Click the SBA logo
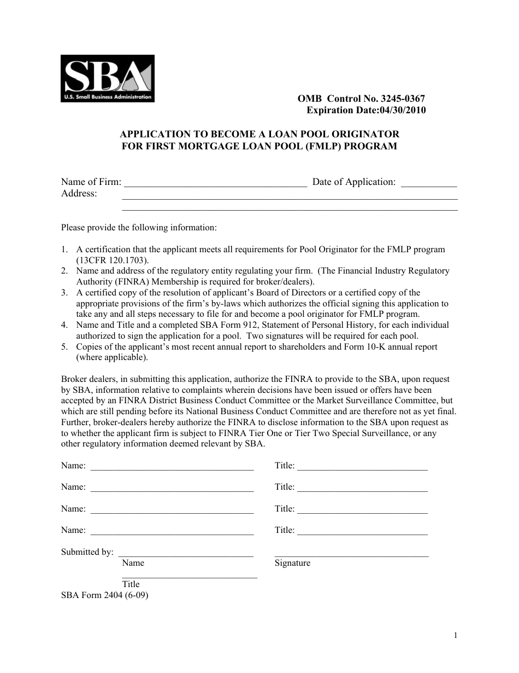tap(107, 78)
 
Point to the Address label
tap(79, 193)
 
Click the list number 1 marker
tap(64, 250)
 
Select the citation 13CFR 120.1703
tap(111, 260)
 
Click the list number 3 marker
tap(64, 293)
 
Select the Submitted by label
tap(87, 552)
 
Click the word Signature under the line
tap(292, 563)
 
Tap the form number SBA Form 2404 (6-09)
tap(104, 595)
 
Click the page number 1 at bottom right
tap(455, 635)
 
